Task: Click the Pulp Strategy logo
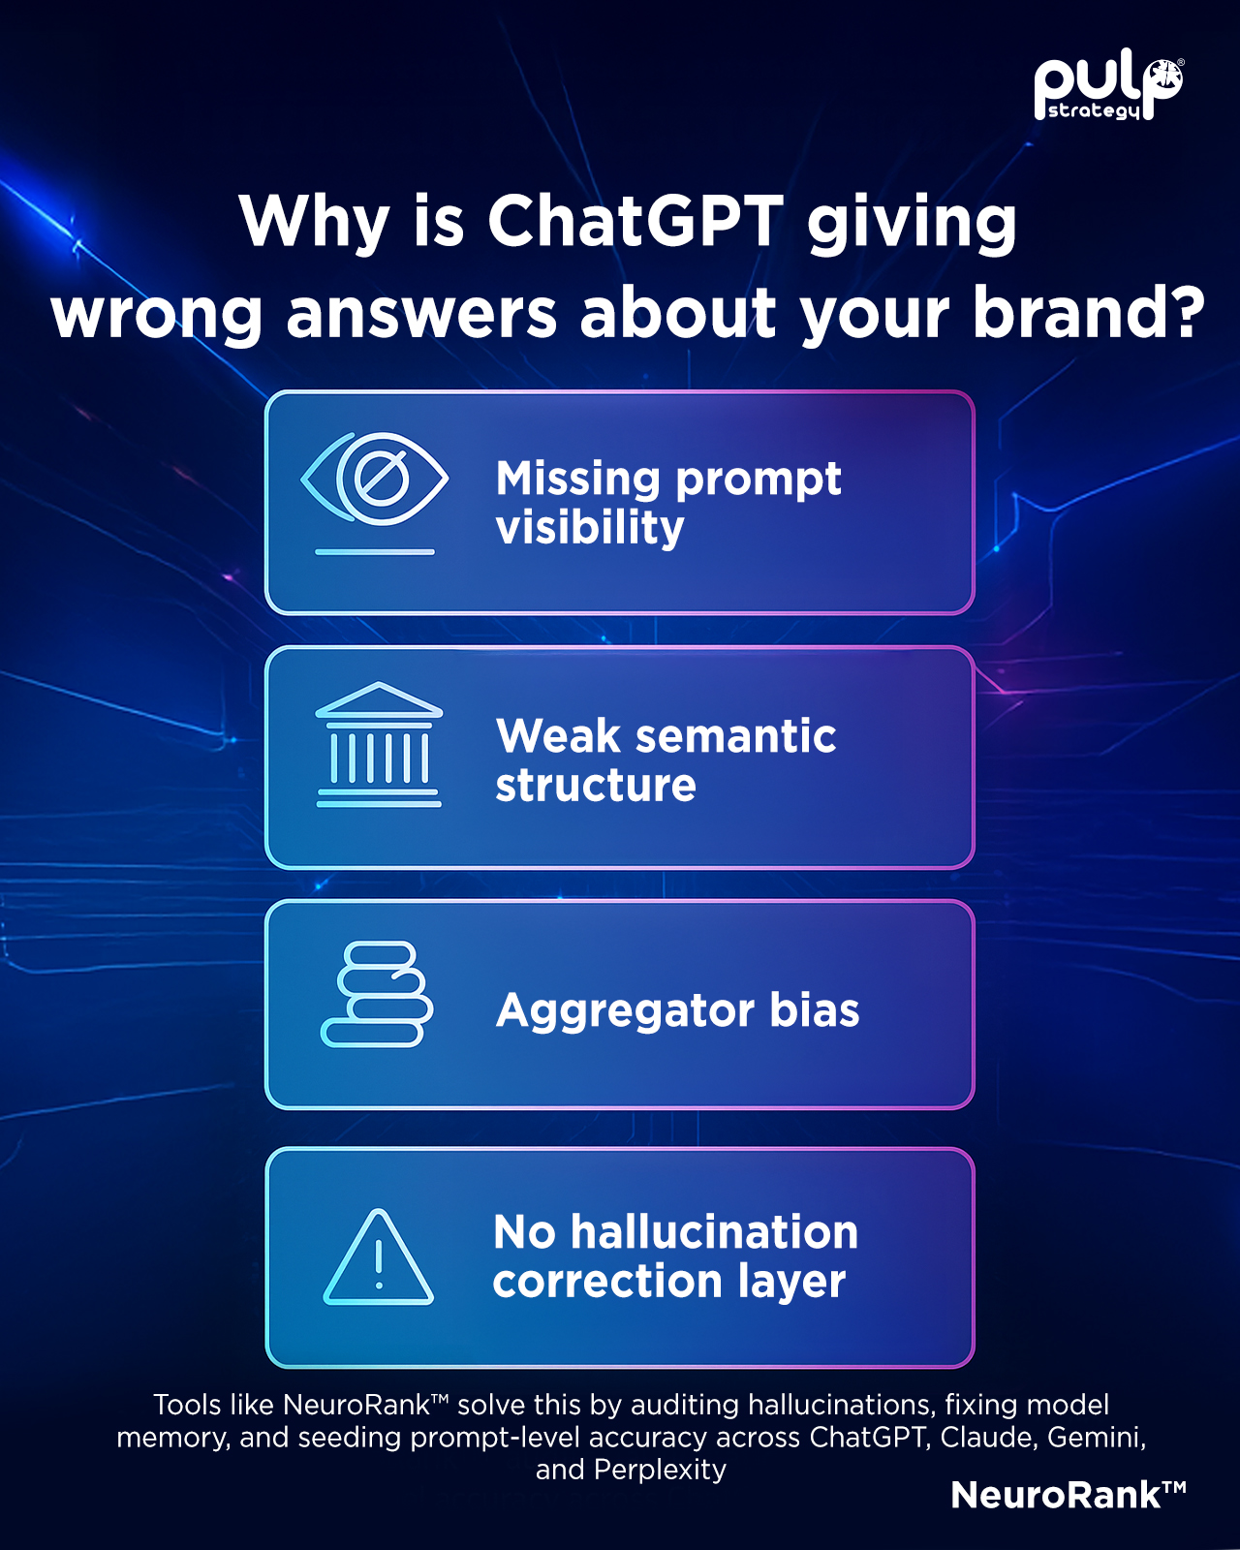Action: [1108, 89]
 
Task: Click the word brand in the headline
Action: [1065, 311]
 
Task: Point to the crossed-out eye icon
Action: [375, 493]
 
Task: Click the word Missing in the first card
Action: [577, 480]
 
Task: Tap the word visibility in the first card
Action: [589, 529]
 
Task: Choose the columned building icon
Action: [379, 744]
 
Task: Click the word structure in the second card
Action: [596, 785]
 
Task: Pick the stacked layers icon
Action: [376, 994]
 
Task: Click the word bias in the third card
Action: [814, 1009]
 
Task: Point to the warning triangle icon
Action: [378, 1256]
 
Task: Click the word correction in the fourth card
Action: [608, 1282]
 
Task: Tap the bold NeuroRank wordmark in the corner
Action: [1068, 1495]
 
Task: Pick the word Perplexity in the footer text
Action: [660, 1470]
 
